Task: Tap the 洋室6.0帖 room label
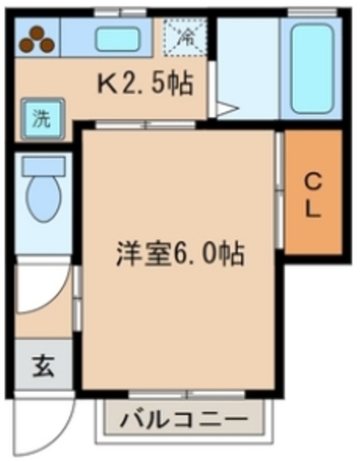180,254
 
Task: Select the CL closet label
312,193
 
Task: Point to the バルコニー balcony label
183,419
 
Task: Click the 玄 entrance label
43,367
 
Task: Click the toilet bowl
43,194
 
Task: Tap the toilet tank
43,165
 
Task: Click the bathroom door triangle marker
225,110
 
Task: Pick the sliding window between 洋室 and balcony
188,395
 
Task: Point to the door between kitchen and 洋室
144,125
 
